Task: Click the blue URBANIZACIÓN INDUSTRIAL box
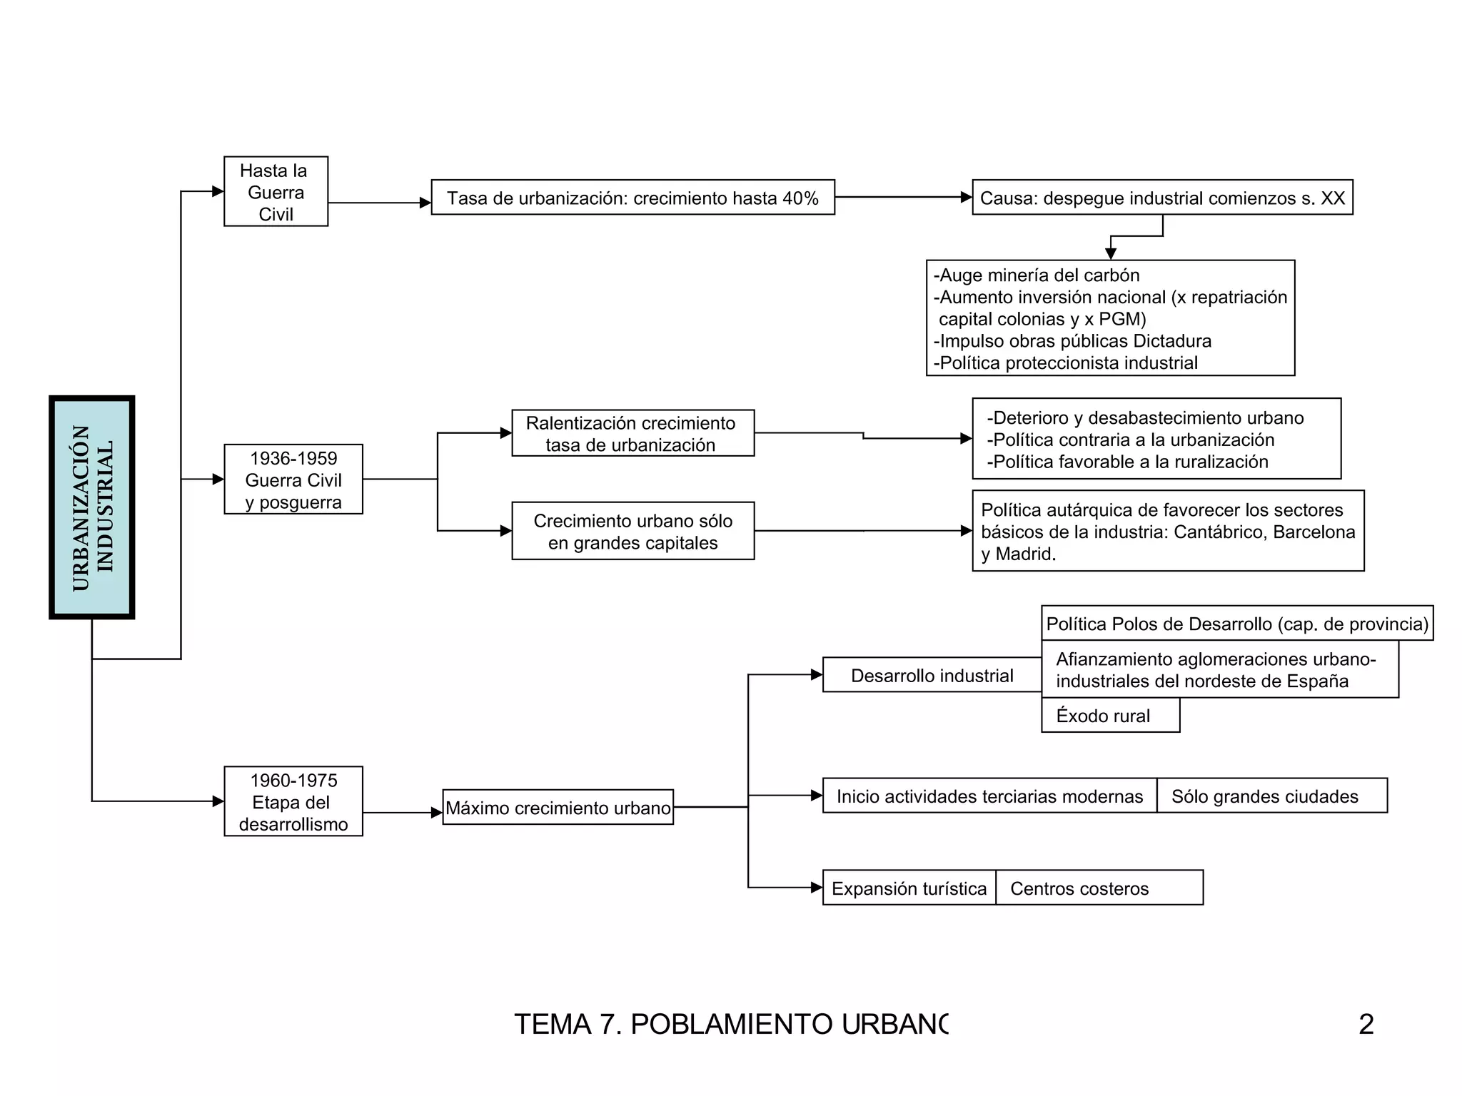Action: coord(92,507)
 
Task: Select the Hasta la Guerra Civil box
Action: coord(276,192)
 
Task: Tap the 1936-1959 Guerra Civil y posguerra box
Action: coord(293,479)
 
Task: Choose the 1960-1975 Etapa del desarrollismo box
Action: coord(293,801)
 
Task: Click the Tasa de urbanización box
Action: coord(632,198)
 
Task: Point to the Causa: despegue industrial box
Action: coord(1162,198)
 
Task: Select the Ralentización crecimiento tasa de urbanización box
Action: coord(632,433)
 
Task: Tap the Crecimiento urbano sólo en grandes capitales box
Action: coord(632,531)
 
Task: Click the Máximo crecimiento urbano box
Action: coord(558,807)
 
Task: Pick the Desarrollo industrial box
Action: coord(932,675)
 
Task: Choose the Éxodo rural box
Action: coord(1110,715)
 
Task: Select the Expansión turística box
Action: coord(909,888)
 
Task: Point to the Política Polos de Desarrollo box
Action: coord(1237,624)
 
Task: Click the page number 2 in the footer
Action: coord(1366,1024)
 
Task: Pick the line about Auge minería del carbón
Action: coord(1037,275)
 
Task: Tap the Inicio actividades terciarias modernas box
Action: coord(989,796)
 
